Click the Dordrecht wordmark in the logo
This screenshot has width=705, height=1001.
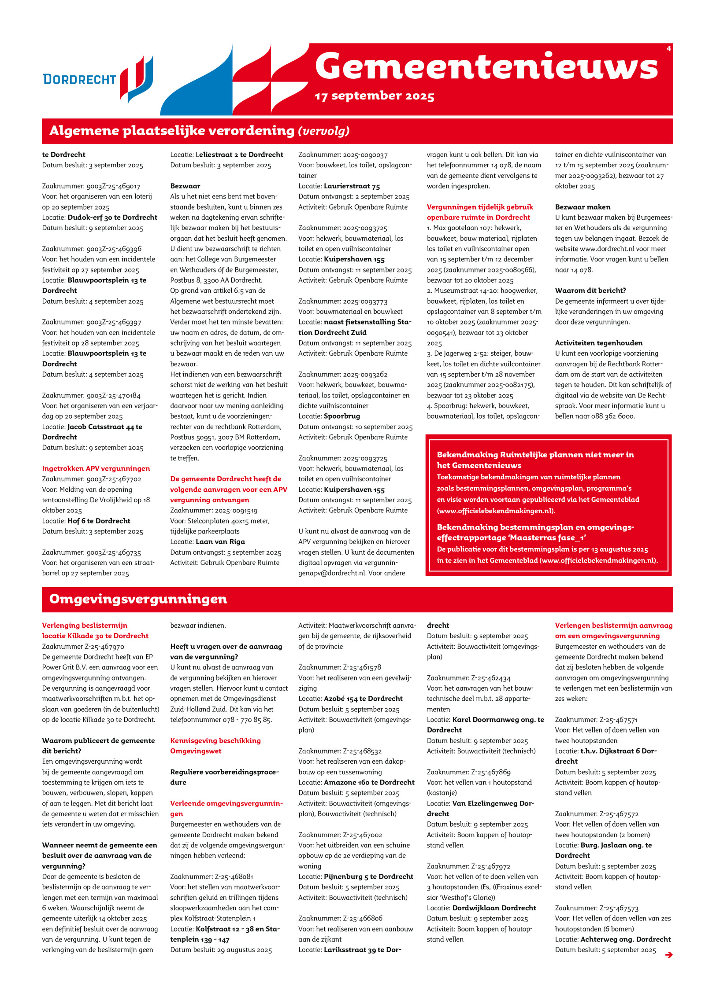pyautogui.click(x=79, y=80)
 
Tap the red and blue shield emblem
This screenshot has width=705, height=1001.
pyautogui.click(x=137, y=79)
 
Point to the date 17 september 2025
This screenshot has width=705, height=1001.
pyautogui.click(x=375, y=96)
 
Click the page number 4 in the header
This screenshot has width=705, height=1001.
pyautogui.click(x=668, y=49)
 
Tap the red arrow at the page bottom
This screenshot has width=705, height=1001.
pyautogui.click(x=669, y=954)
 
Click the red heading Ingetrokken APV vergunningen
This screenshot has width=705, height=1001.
pyautogui.click(x=96, y=468)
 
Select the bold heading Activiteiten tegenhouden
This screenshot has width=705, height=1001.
pyautogui.click(x=598, y=343)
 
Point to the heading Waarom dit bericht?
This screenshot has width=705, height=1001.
pyautogui.click(x=590, y=291)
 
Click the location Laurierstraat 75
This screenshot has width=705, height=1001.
pyautogui.click(x=352, y=186)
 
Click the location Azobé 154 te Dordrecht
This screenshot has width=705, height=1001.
pyautogui.click(x=363, y=699)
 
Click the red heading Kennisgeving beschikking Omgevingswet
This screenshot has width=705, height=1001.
pyautogui.click(x=215, y=746)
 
